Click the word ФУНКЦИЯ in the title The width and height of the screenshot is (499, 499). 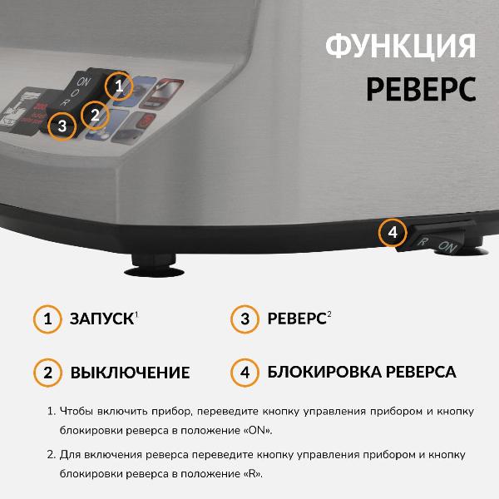(401, 46)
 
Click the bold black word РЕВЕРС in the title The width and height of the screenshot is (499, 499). (422, 88)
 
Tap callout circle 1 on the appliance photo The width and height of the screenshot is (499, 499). (119, 86)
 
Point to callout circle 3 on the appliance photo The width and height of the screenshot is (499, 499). (62, 127)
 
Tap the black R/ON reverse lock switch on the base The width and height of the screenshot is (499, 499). (437, 242)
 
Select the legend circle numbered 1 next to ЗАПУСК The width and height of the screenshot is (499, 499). (47, 319)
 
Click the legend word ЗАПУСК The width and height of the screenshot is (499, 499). (101, 319)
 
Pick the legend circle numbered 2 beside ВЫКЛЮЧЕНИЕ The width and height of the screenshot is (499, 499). (47, 372)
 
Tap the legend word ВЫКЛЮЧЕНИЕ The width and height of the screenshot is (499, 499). (130, 373)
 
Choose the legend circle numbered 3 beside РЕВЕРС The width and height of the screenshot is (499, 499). (245, 319)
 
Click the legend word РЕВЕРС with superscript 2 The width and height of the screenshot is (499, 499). (296, 319)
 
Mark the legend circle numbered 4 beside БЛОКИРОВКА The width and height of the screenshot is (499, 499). (245, 372)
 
